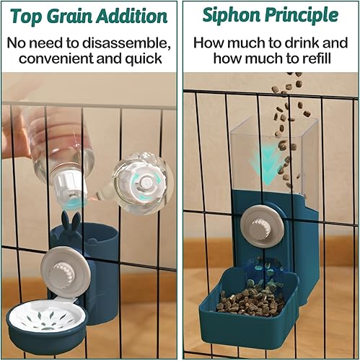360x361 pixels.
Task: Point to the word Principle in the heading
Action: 302,14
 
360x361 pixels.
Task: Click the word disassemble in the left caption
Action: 124,42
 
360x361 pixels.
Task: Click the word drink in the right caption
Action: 297,42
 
